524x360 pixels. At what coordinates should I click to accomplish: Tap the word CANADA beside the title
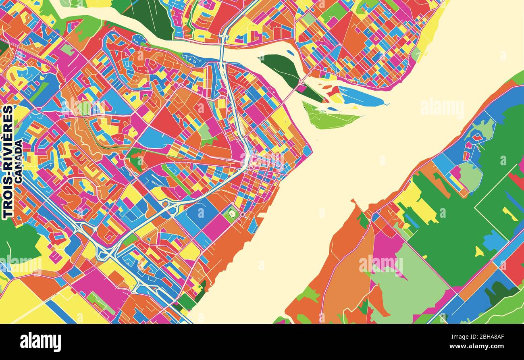pos(18,161)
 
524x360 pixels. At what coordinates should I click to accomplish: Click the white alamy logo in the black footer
pos(40,342)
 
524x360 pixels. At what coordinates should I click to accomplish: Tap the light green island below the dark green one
pos(329,117)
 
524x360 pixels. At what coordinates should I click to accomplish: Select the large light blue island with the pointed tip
pos(361,97)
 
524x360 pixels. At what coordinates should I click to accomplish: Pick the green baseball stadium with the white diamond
pos(231,213)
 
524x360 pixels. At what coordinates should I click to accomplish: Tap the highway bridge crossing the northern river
pos(222,48)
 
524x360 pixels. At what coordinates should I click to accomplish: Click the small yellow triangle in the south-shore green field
pos(479,252)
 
